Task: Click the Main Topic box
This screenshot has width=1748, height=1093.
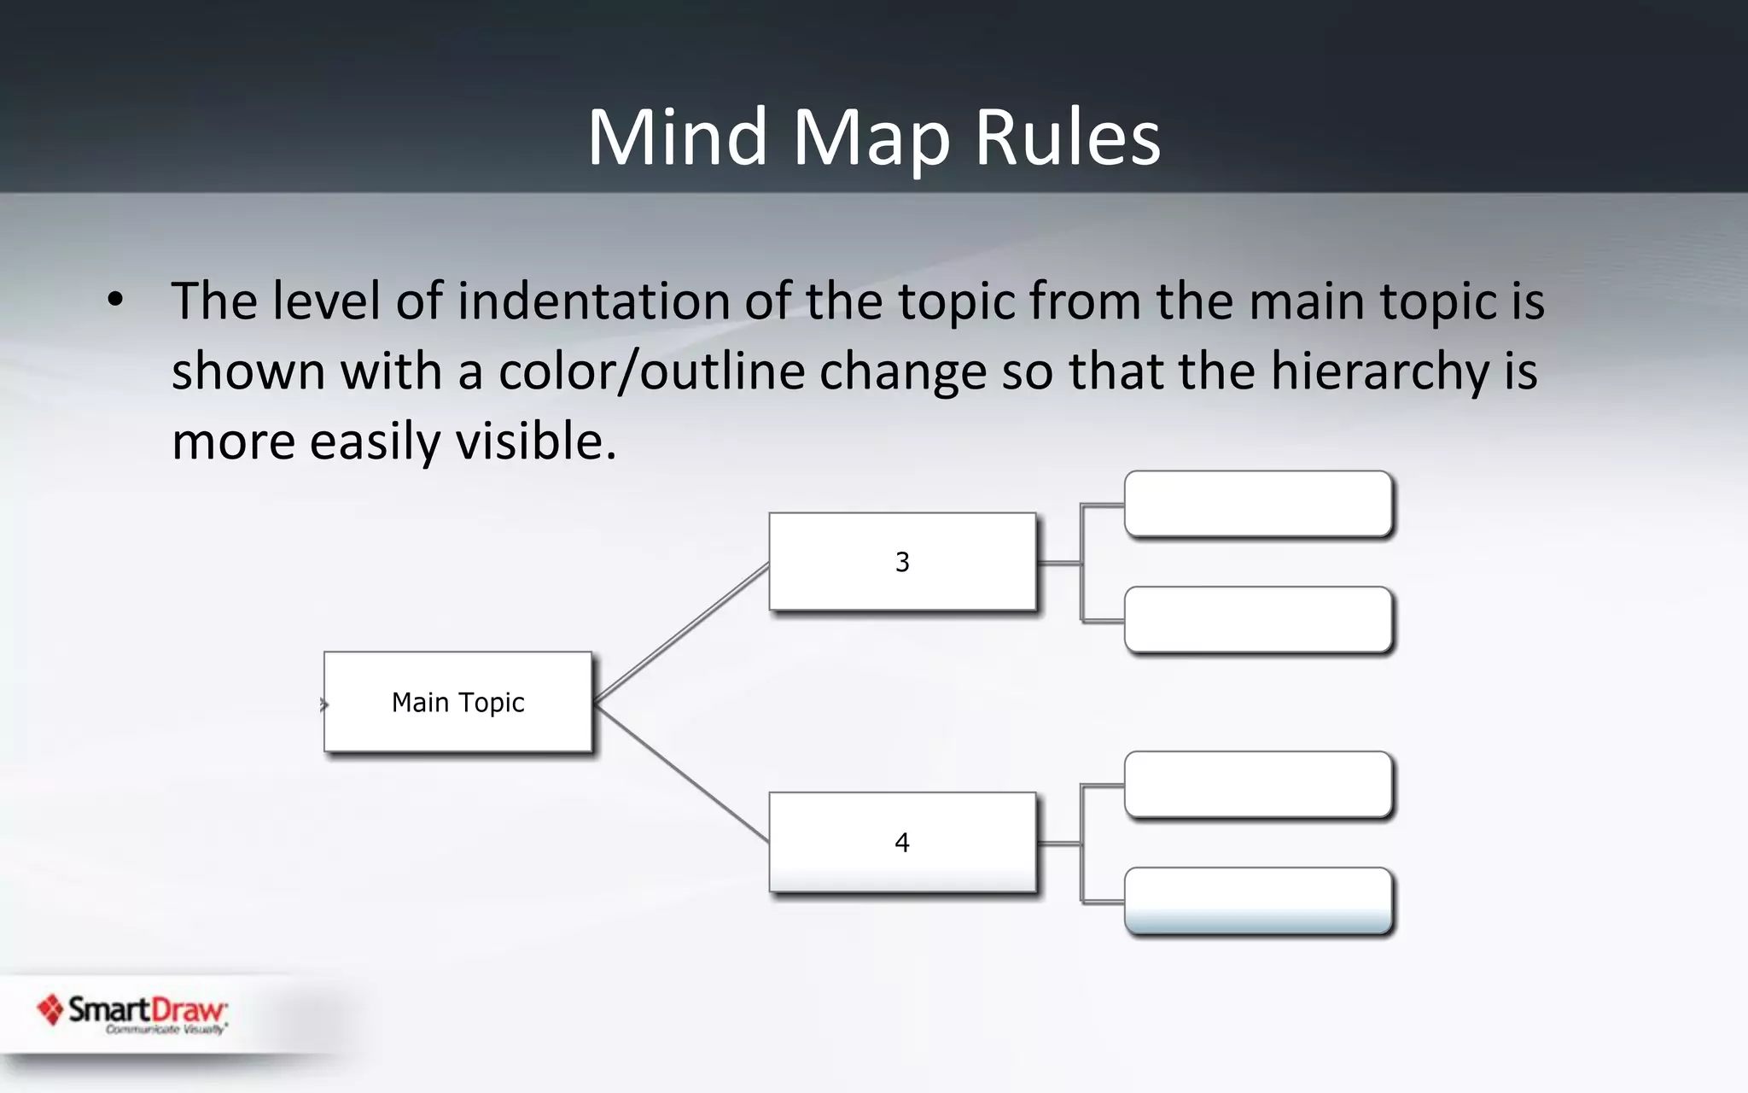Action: [x=457, y=702]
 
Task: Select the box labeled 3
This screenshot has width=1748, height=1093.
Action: [x=902, y=562]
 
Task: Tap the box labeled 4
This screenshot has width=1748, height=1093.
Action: [x=902, y=842]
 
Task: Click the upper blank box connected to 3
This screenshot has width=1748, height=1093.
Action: [x=1258, y=504]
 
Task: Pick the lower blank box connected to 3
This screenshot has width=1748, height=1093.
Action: [x=1258, y=620]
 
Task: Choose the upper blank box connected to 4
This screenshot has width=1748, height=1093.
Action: [x=1258, y=785]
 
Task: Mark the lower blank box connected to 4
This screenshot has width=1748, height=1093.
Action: [x=1258, y=901]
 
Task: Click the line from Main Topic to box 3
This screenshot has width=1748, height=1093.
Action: [x=681, y=633]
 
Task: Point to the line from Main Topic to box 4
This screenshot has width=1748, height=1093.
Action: [x=681, y=772]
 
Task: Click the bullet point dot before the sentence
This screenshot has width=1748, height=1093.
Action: [x=115, y=300]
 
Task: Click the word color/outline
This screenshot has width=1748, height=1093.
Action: [x=651, y=371]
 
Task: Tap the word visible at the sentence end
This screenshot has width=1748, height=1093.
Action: [x=535, y=441]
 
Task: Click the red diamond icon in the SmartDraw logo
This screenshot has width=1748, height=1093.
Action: [x=50, y=1010]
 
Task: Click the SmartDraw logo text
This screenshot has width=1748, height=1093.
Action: [x=147, y=1010]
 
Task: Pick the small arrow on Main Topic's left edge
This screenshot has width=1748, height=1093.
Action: [x=323, y=704]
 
